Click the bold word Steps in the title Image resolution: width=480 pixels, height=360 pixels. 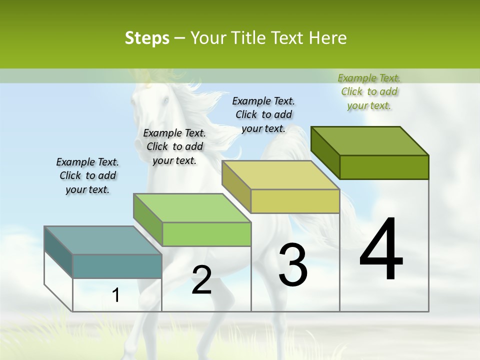click(147, 38)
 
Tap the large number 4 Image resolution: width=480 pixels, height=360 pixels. click(381, 250)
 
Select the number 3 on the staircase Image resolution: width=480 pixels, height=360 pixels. click(293, 265)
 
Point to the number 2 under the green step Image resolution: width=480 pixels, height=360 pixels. click(201, 280)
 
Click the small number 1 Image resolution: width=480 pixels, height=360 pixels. click(116, 295)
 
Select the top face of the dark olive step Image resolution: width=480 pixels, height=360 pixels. click(370, 141)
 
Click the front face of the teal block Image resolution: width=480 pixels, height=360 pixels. click(117, 266)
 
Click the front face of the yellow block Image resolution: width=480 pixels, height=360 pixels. click(295, 201)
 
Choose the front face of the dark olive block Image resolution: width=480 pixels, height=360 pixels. click(384, 167)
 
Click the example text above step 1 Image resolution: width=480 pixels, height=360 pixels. click(87, 175)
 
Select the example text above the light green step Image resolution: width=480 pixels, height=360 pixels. click(174, 146)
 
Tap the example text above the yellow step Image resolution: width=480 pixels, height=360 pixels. click(263, 114)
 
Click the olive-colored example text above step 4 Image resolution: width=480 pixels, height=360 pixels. click(369, 91)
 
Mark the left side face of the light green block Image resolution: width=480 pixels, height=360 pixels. click(148, 220)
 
